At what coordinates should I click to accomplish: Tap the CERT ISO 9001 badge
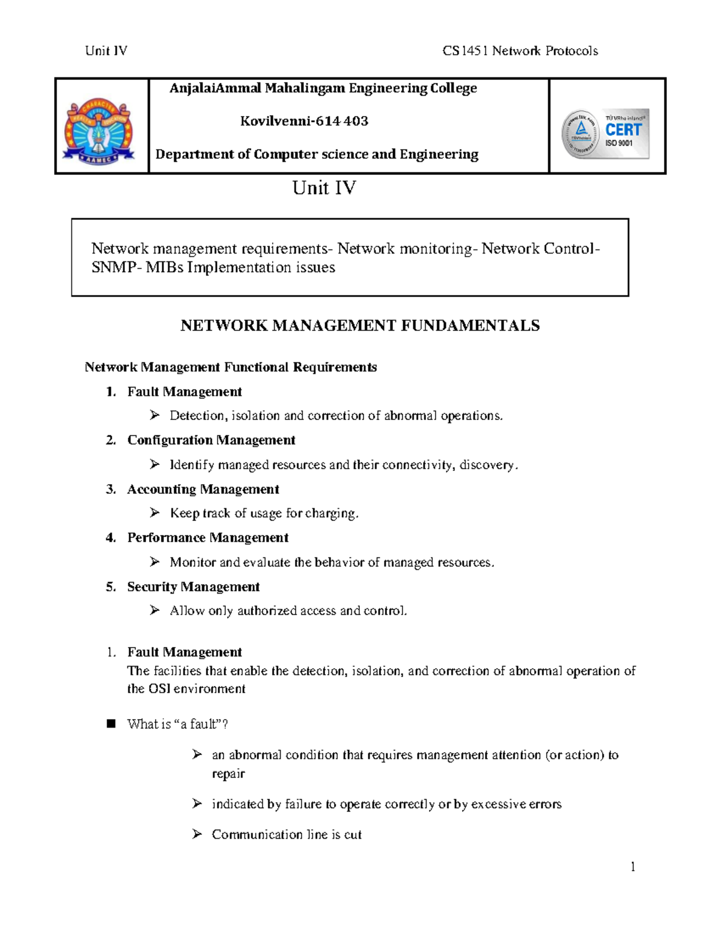pos(606,133)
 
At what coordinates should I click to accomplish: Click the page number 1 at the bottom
pos(633,866)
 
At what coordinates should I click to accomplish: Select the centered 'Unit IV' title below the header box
pos(324,188)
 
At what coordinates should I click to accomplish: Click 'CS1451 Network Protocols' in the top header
pos(520,51)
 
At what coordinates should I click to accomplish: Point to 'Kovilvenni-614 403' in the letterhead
pos(304,121)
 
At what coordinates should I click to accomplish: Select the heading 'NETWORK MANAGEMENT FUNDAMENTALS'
pos(360,326)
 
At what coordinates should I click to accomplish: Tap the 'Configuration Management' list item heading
pos(211,440)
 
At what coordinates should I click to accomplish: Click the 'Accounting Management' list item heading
pos(203,490)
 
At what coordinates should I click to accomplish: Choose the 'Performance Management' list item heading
pos(208,538)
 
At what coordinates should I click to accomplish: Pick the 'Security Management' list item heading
pos(193,587)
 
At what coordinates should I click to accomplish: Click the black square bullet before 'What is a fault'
pos(111,724)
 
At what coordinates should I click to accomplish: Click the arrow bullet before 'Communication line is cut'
pos(197,834)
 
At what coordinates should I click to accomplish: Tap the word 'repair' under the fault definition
pos(228,774)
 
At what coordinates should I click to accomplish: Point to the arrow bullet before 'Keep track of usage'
pos(155,512)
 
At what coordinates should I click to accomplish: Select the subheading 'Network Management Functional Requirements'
pos(231,367)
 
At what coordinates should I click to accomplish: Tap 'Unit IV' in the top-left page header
pos(106,51)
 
